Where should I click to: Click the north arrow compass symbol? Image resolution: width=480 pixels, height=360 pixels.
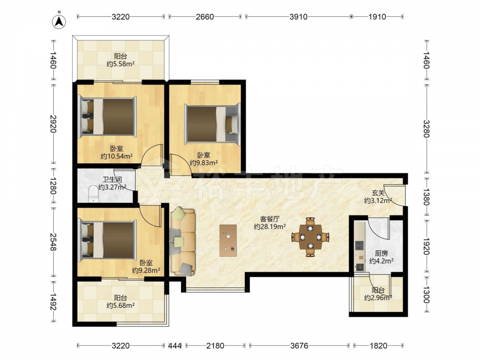click(x=59, y=20)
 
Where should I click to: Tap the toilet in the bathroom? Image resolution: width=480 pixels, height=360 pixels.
click(x=94, y=194)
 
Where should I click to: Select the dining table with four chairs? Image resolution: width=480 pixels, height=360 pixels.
click(x=311, y=237)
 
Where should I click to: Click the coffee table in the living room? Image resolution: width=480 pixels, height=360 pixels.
click(x=228, y=240)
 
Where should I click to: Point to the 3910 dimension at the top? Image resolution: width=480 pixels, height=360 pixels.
click(x=299, y=17)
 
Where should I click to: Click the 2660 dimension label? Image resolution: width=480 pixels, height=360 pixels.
click(x=205, y=17)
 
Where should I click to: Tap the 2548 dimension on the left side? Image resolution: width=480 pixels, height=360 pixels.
click(x=54, y=242)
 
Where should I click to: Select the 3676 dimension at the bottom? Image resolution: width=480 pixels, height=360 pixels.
click(x=299, y=346)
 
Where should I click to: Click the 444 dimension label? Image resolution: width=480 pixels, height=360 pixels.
click(x=175, y=346)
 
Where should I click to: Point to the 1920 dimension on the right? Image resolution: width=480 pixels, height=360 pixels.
click(x=426, y=246)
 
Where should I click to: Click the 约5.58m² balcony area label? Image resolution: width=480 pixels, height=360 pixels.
click(x=120, y=64)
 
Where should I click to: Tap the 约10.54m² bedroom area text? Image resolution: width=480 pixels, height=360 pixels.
click(x=117, y=156)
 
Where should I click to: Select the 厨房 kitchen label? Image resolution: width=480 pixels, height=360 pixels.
click(x=382, y=253)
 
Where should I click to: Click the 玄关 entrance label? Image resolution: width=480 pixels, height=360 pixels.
click(x=378, y=193)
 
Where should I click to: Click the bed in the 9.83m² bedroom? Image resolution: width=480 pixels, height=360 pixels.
click(x=213, y=124)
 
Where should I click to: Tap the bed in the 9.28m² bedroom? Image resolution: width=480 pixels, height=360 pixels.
click(x=107, y=240)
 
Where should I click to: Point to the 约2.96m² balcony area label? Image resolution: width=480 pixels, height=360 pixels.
click(x=378, y=298)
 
